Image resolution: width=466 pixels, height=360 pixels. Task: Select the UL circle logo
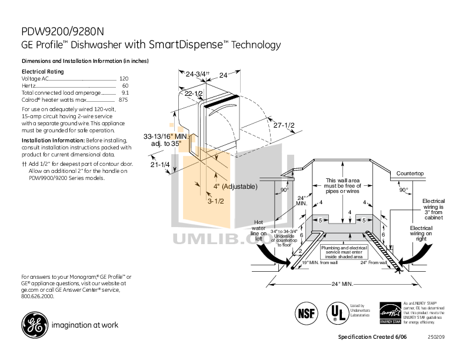(x=336, y=312)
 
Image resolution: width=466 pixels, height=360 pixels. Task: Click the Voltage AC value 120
(x=124, y=78)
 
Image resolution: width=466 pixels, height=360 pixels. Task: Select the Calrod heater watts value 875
(x=123, y=100)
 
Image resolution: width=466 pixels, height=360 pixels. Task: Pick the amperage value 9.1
(x=125, y=93)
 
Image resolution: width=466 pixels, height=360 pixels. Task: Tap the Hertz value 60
(x=125, y=86)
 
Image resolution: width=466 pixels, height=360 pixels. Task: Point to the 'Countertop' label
(x=410, y=174)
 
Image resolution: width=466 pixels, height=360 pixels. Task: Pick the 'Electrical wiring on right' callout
(x=421, y=234)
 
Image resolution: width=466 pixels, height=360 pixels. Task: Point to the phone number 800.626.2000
(x=38, y=296)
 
